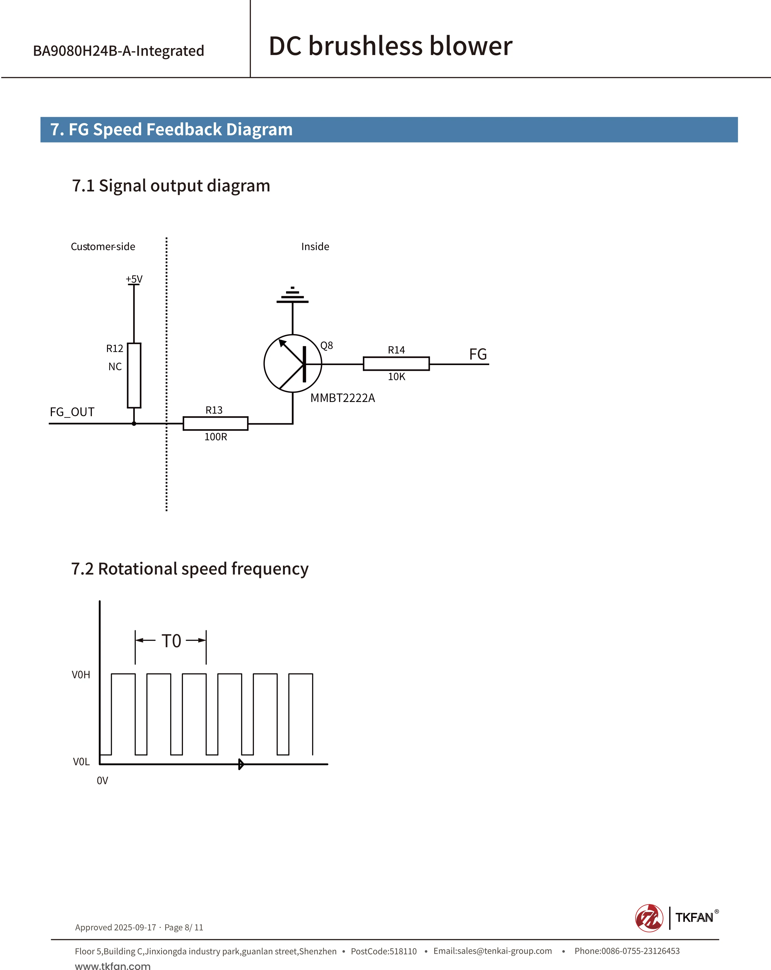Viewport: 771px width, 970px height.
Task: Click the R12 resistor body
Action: tap(134, 375)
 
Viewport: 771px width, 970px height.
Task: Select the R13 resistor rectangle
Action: tap(216, 423)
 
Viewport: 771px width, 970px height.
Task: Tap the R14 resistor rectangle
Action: tap(396, 364)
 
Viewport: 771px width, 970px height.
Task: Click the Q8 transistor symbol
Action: tap(293, 364)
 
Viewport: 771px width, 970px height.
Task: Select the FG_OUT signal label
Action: tap(72, 412)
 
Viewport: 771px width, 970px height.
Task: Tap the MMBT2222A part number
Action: tap(343, 398)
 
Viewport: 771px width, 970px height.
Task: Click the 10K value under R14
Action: tap(397, 377)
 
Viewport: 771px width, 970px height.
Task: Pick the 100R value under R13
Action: tap(216, 437)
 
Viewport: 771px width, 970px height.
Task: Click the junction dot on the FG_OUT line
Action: tap(134, 423)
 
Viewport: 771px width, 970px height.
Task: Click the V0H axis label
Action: tap(81, 675)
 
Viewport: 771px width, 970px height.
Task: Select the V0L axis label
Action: tap(81, 762)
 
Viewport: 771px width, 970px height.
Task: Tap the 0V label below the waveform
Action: tap(102, 781)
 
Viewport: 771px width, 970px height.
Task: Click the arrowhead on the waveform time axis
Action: tap(241, 764)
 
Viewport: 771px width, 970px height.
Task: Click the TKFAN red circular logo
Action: tap(649, 918)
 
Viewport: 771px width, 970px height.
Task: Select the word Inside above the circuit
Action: tap(315, 247)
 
